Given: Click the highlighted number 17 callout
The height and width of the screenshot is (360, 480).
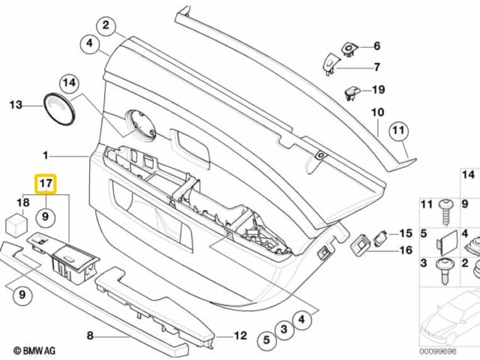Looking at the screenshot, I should [x=45, y=183].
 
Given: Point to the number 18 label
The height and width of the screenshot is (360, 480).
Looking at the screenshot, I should [x=22, y=202].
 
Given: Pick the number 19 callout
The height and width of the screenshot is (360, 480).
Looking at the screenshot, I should [x=379, y=90].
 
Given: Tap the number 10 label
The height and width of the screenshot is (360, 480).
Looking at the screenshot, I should [x=377, y=113].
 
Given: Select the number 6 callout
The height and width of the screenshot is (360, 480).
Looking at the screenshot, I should [x=376, y=46].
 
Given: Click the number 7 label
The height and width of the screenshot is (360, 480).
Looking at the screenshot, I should [x=376, y=66].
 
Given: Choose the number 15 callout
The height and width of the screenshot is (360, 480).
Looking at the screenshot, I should [x=406, y=233].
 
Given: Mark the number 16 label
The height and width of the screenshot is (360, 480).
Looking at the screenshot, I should [x=406, y=250].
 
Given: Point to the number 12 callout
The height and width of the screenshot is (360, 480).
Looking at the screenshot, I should [x=241, y=336].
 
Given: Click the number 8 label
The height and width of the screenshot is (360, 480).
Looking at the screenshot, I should [x=89, y=336].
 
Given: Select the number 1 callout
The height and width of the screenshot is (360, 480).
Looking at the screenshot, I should [x=46, y=156].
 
